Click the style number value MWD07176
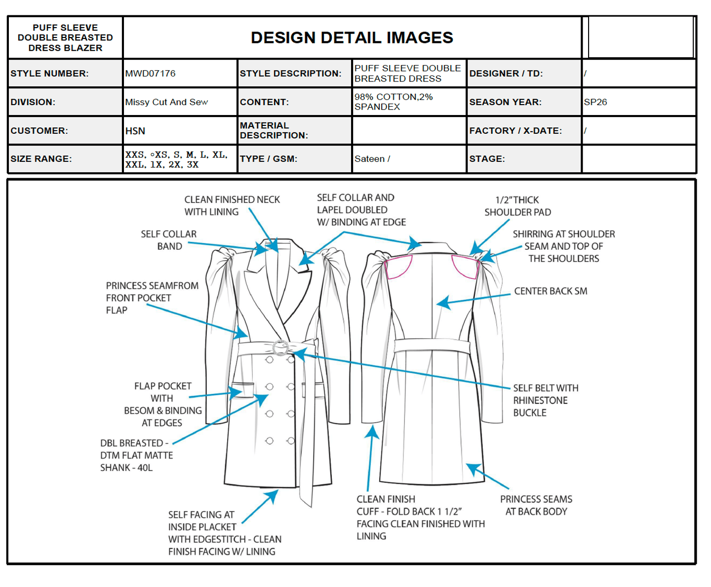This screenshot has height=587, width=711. [x=150, y=74]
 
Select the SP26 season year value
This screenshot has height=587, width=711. [x=595, y=102]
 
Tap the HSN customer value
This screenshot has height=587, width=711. [x=135, y=131]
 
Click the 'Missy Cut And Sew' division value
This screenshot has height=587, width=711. [x=166, y=102]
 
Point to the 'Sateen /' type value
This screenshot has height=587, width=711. [x=372, y=159]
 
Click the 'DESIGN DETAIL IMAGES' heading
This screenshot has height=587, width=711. [x=352, y=38]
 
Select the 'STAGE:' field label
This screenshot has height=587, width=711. [x=487, y=159]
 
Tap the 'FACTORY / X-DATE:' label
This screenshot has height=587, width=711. [x=515, y=131]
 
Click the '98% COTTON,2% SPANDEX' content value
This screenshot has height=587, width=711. [x=394, y=102]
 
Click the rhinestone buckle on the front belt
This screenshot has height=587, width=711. [x=280, y=348]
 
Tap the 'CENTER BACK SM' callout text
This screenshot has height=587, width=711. [x=551, y=291]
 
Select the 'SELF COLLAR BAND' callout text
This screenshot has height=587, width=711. [x=169, y=240]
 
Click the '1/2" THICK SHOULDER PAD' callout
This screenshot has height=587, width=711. [x=517, y=206]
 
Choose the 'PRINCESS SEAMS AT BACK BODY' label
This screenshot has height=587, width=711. [x=536, y=505]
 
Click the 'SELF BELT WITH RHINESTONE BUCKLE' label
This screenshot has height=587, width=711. [x=545, y=400]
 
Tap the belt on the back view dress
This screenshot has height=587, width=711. [x=432, y=345]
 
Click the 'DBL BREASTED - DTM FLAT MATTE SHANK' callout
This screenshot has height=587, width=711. [x=136, y=455]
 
